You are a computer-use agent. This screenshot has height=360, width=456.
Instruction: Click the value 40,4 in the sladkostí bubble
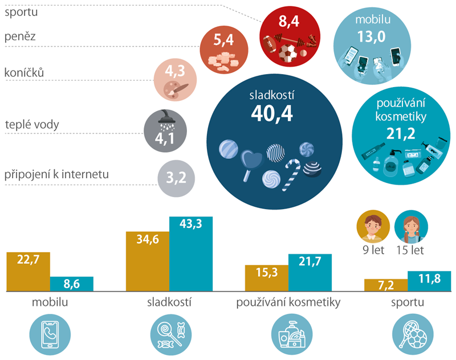click(271, 114)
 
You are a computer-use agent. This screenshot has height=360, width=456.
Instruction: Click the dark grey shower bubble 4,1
click(164, 130)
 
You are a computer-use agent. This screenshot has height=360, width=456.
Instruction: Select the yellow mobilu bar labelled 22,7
click(28, 271)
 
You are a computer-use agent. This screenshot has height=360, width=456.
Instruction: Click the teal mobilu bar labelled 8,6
click(72, 284)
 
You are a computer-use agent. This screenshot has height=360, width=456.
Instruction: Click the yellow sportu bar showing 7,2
click(386, 285)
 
